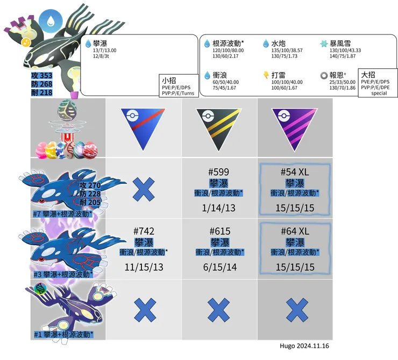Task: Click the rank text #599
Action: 218,172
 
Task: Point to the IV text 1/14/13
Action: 218,208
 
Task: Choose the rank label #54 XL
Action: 295,172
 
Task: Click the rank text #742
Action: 144,231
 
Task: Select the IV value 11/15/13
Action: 144,267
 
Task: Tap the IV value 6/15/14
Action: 220,267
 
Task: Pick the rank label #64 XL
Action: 295,231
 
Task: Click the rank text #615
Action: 220,231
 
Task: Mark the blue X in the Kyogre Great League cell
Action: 144,189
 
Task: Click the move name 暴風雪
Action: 340,44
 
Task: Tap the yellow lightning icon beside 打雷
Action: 266,75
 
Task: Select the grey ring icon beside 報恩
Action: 324,75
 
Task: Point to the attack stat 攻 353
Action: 42,76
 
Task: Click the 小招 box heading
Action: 169,81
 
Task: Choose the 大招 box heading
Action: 368,75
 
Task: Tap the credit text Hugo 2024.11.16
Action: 304,346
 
